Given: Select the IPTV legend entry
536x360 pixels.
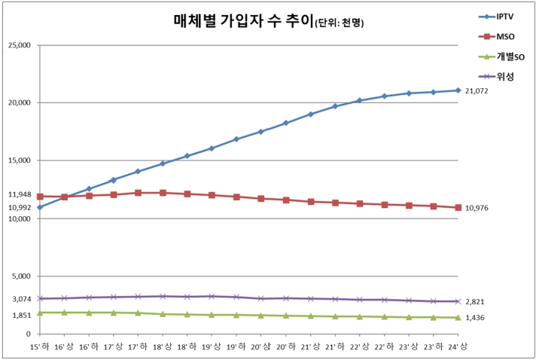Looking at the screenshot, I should point(506,16).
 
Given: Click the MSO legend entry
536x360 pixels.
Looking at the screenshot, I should point(506,35).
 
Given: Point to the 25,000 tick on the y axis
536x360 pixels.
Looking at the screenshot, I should point(18,44).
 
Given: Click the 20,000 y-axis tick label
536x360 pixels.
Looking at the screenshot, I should point(18,102).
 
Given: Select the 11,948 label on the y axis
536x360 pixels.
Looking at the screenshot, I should point(18,194).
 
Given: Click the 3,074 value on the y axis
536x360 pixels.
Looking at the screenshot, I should point(20,298).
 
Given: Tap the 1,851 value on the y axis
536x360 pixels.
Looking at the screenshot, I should point(20,315).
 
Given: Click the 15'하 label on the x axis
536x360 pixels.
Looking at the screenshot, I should point(39,346).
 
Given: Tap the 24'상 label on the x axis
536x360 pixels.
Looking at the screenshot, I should point(458,346).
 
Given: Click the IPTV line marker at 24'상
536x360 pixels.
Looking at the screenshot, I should point(458,90).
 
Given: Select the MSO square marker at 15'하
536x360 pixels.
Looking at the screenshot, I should point(39,197).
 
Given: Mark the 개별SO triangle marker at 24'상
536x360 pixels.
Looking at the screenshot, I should point(458,317).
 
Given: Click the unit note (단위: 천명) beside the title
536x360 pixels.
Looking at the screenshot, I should point(337,23).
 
